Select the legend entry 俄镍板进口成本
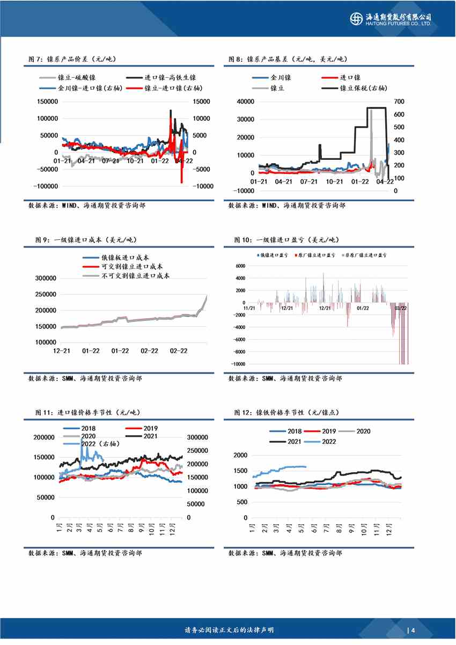click(126, 256)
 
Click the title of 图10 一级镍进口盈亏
click(286, 239)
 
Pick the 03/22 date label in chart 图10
click(400, 308)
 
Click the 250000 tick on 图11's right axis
click(198, 451)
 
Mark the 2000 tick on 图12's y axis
click(240, 455)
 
